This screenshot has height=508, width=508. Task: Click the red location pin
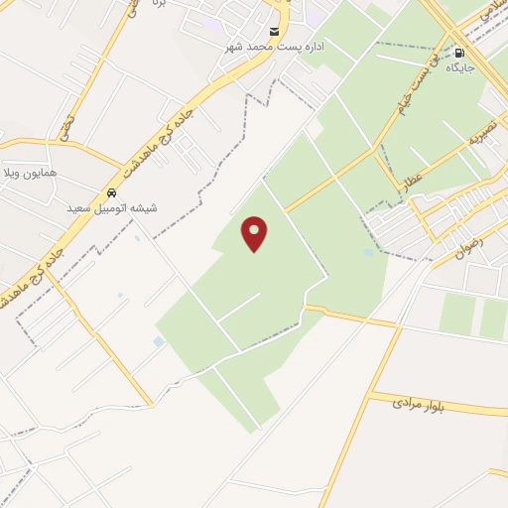(x=255, y=234)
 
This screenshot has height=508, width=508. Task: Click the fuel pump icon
(x=458, y=52)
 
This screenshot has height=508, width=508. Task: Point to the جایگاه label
(x=458, y=68)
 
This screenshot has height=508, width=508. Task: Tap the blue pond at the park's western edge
(x=160, y=342)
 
